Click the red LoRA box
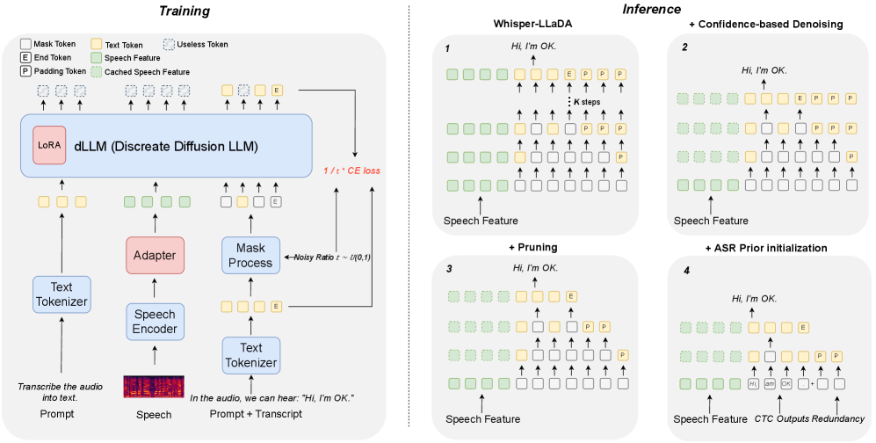click(49, 145)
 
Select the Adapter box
click(155, 255)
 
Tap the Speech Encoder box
click(155, 322)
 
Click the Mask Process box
click(250, 255)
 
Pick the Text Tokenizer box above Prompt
click(62, 294)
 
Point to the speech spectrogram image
click(154, 387)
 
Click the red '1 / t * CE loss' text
click(352, 171)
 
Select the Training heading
click(185, 11)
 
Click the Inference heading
click(651, 9)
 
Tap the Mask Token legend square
click(25, 44)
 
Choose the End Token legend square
click(25, 57)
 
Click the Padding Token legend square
click(25, 71)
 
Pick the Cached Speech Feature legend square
click(96, 72)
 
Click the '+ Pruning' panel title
click(532, 247)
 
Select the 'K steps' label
click(587, 102)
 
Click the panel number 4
click(686, 271)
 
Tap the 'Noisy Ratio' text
click(314, 258)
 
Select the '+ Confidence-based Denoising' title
click(765, 24)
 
